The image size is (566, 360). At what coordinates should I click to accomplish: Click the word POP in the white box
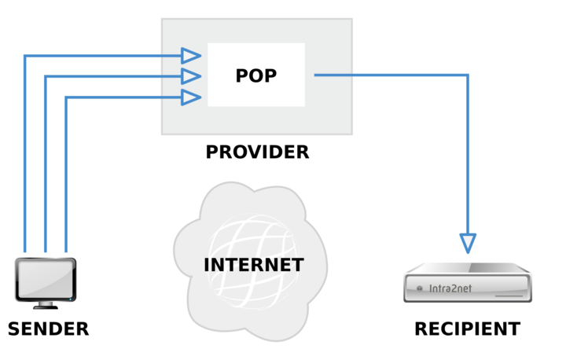click(x=256, y=75)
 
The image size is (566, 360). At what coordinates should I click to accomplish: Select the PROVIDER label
click(x=257, y=152)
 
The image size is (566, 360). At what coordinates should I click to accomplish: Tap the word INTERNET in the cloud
click(x=254, y=265)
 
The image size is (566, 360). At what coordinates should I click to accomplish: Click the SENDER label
click(x=49, y=329)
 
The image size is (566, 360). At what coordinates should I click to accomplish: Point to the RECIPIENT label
click(x=468, y=329)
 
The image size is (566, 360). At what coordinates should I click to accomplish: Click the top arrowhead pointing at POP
click(x=191, y=56)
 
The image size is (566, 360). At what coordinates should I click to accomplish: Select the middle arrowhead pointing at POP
click(x=191, y=76)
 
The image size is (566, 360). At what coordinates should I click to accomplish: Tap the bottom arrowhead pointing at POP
click(x=191, y=97)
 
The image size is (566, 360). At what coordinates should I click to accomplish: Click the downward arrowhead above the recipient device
click(x=468, y=243)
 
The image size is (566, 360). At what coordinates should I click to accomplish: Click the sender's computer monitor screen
click(x=46, y=279)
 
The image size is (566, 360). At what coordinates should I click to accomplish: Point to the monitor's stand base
click(x=46, y=307)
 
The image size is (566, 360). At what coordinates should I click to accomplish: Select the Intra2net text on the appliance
click(x=450, y=288)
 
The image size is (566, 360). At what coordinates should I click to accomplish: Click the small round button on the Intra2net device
click(x=420, y=288)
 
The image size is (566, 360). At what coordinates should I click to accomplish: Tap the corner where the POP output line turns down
click(x=468, y=75)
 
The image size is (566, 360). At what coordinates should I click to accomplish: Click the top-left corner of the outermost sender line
click(x=24, y=56)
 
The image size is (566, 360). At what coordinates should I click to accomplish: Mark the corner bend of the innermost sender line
click(x=66, y=97)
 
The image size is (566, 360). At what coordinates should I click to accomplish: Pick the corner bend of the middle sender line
click(x=46, y=76)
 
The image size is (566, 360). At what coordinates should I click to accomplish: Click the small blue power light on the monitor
click(x=71, y=299)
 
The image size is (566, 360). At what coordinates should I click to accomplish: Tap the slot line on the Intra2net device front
click(x=509, y=296)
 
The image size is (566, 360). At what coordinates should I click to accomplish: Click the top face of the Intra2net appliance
click(x=468, y=268)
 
